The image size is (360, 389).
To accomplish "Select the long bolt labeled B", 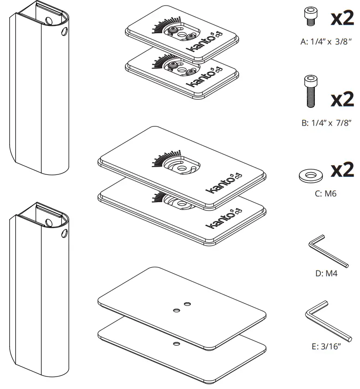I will (309, 92).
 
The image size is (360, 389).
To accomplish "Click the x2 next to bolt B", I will (342, 98).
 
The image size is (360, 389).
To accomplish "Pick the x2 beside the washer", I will (342, 170).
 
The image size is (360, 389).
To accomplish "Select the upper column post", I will (39, 92).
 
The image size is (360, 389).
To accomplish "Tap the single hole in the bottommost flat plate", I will (176, 344).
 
